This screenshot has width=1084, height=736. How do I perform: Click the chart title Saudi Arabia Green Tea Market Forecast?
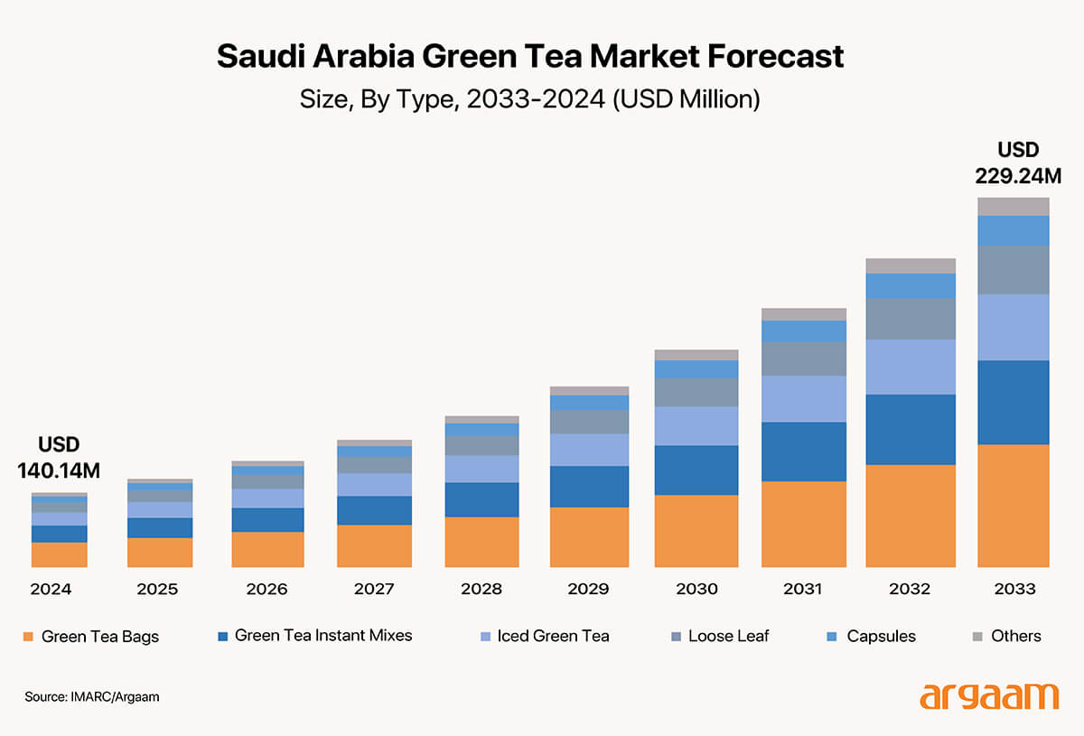click(x=530, y=57)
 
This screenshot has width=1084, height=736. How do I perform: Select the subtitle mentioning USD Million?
click(x=530, y=98)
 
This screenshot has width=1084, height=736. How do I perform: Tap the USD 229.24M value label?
click(x=1018, y=163)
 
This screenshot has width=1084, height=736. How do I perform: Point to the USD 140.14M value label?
click(x=59, y=457)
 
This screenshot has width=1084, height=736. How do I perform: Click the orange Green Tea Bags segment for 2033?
click(x=1014, y=506)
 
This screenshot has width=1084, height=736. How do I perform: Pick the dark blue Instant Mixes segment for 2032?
click(x=911, y=429)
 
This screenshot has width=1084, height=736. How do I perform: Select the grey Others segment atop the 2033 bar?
click(x=1014, y=206)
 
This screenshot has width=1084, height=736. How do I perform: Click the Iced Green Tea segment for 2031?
click(x=803, y=398)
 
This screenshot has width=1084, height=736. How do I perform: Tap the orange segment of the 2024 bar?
click(x=59, y=554)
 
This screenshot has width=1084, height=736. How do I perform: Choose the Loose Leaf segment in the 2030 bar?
click(x=696, y=392)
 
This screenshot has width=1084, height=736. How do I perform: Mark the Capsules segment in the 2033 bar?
click(x=1014, y=230)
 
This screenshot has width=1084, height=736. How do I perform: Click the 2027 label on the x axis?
click(x=373, y=590)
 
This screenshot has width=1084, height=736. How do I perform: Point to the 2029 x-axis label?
click(x=588, y=590)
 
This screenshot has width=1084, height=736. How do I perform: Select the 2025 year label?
click(x=157, y=590)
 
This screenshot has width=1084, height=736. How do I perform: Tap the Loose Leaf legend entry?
click(x=719, y=636)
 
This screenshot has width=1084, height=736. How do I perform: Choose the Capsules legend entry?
click(x=872, y=636)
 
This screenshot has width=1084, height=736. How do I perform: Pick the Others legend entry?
click(x=1005, y=636)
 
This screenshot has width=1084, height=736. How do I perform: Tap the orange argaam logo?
click(x=988, y=696)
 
